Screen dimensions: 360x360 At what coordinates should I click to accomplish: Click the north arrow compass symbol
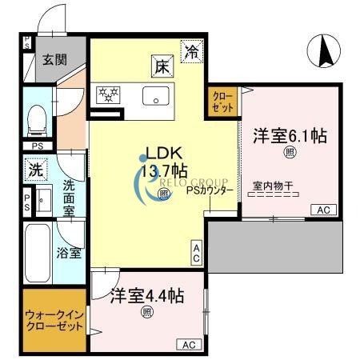pos(326,54)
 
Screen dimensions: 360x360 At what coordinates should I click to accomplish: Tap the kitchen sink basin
pos(151,96)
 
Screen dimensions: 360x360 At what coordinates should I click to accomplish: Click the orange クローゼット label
pos(222,102)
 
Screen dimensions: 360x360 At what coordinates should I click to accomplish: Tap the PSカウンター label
pos(210,190)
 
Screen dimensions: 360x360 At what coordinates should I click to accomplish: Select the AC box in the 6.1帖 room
pos(324,210)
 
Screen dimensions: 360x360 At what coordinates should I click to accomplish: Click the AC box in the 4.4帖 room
pos(189,345)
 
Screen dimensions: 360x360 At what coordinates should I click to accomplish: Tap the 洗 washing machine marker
pos(35,170)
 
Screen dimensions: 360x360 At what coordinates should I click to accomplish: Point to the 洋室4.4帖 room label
pos(147,294)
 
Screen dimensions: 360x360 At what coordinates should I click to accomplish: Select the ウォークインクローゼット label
pos(54,320)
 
